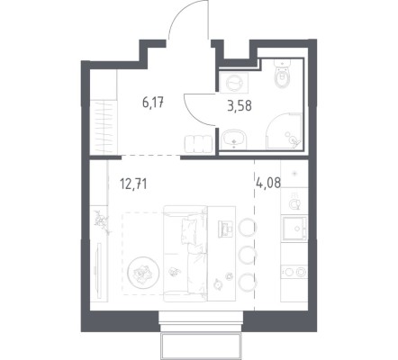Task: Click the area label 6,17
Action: click(x=153, y=103)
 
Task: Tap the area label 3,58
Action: click(x=240, y=106)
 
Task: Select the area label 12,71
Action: click(x=133, y=184)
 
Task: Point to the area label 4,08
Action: click(x=268, y=183)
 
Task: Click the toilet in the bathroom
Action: click(x=283, y=74)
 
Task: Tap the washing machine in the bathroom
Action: click(x=234, y=82)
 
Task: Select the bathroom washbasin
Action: click(x=234, y=139)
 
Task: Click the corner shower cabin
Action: click(x=284, y=131)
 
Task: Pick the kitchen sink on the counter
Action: click(x=294, y=229)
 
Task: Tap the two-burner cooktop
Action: click(x=294, y=272)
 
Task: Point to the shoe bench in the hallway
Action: click(x=199, y=144)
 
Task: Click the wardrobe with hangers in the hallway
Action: click(x=104, y=127)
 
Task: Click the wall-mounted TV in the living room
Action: click(x=97, y=266)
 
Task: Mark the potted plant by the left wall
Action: click(x=101, y=222)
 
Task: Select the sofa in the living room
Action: click(x=185, y=253)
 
